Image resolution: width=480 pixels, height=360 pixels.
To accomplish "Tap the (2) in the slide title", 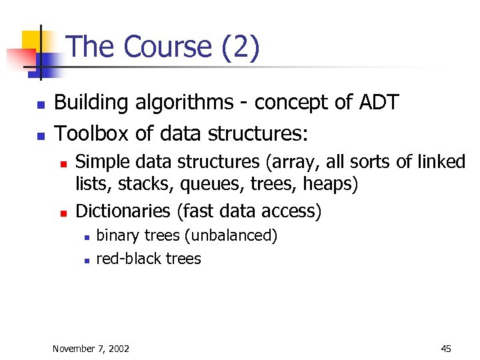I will tap(237, 48).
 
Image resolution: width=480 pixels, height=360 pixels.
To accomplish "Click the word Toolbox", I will tap(92, 134).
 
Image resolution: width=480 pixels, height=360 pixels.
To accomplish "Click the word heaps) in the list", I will tap(329, 184).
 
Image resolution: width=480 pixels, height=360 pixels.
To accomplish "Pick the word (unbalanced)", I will tap(231, 235).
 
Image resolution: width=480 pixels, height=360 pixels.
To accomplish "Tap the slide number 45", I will tap(446, 349).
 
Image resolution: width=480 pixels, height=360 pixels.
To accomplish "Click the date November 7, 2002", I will tap(91, 349).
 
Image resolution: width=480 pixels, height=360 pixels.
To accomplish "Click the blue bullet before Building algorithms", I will tap(41, 105).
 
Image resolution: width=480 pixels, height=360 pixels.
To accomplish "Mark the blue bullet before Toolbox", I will tap(41, 135).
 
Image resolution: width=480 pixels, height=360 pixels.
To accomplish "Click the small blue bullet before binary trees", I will tap(87, 237).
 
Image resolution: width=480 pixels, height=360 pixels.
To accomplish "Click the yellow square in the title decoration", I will tap(31, 41).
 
